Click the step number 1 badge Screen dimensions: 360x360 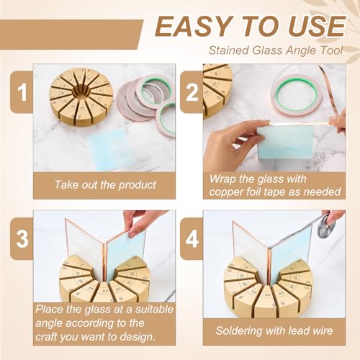pos(22,91)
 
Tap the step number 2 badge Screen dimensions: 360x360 pos(192,91)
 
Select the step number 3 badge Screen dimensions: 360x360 pos(22,238)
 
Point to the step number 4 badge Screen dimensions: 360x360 pos(192,238)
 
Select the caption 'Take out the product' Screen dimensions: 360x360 pos(105,185)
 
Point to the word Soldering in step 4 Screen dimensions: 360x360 pos(239,330)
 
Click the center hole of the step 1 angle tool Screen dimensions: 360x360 pos(82,92)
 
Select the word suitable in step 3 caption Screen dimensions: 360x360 pos(154,310)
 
